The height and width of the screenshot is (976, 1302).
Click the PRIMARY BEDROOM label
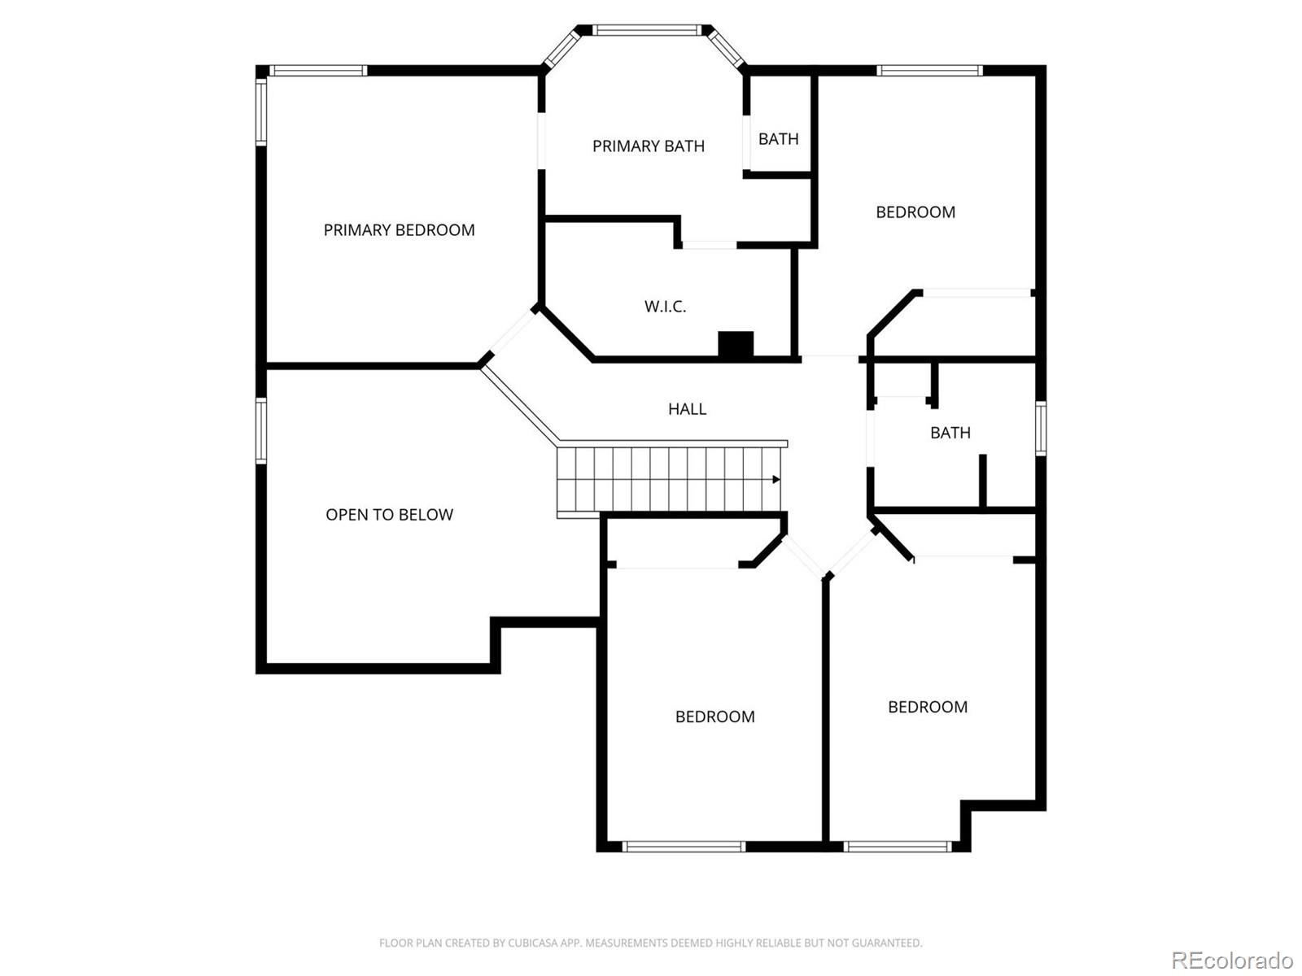click(399, 230)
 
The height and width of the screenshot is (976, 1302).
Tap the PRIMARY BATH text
click(649, 146)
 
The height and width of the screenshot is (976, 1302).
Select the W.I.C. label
click(665, 307)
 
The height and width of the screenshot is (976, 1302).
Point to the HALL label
click(687, 409)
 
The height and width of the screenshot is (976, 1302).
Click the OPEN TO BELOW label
click(389, 514)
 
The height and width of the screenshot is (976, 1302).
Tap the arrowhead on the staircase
click(776, 479)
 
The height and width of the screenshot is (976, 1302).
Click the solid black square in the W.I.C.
click(736, 344)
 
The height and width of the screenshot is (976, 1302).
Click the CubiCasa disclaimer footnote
click(651, 943)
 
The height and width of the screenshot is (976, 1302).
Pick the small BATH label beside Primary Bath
click(778, 139)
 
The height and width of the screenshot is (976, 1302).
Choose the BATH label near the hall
click(950, 434)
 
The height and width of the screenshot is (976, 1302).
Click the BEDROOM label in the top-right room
click(915, 212)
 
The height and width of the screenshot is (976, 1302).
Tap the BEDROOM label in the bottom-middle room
click(714, 717)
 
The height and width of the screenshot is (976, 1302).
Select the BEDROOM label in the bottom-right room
click(928, 707)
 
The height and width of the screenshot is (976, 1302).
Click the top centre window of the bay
click(647, 30)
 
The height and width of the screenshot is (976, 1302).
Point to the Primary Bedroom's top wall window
click(318, 71)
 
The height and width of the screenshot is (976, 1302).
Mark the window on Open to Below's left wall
click(261, 431)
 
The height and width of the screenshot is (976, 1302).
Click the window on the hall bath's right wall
click(1041, 429)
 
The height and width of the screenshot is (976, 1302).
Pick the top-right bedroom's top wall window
click(929, 71)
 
